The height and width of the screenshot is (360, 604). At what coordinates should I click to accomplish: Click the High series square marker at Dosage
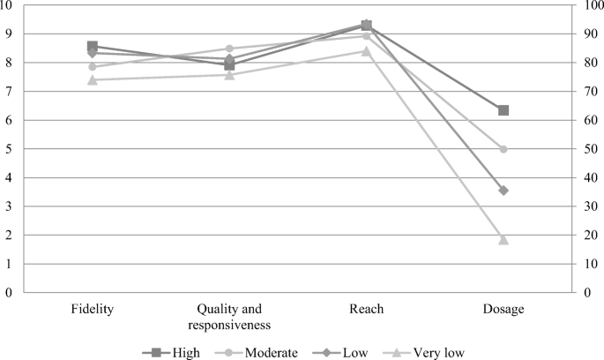(503, 110)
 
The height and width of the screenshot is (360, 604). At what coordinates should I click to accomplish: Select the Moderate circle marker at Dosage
(503, 149)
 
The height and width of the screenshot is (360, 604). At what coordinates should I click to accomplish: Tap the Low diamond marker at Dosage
(503, 191)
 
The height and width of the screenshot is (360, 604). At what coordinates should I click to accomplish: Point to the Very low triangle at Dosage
(503, 239)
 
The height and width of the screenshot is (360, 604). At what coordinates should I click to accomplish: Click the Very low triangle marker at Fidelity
(93, 79)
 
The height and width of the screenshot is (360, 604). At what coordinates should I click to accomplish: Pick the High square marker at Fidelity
(93, 46)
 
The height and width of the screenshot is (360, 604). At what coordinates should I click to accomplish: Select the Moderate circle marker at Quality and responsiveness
(229, 49)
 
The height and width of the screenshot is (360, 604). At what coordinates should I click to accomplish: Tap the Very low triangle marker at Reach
(366, 50)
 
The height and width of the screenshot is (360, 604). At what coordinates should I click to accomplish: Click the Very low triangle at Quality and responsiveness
(229, 74)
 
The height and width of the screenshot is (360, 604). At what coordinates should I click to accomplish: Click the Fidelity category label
(93, 309)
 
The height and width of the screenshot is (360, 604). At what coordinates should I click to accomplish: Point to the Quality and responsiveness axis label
(229, 316)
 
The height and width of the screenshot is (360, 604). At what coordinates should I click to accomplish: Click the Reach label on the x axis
(366, 309)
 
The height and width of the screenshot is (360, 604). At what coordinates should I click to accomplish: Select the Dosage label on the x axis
(503, 309)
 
